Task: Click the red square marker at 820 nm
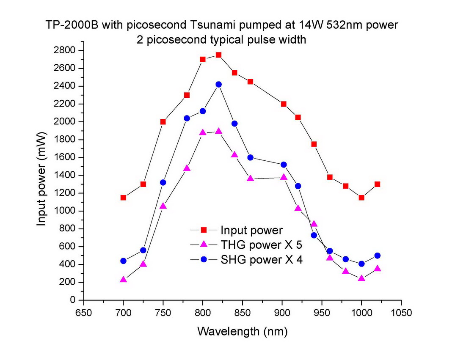tap(218, 55)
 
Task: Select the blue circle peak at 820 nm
tap(218, 85)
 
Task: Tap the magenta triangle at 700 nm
tap(123, 280)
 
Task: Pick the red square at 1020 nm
tap(377, 184)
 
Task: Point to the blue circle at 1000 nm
tap(361, 264)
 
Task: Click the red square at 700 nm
tap(123, 198)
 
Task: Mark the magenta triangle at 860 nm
tap(250, 179)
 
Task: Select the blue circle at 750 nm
tap(163, 182)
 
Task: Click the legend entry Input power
tap(251, 231)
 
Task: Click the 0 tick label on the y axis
tap(73, 300)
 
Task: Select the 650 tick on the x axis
tap(84, 313)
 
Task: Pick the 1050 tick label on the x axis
tap(401, 313)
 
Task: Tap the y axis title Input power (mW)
tap(41, 175)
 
